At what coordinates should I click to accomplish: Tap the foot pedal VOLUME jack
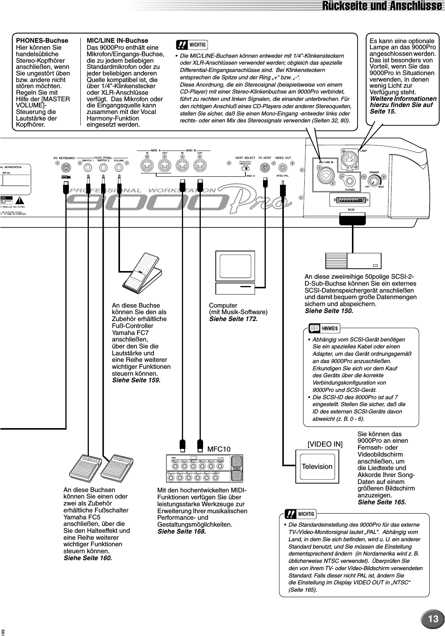coord(118,167)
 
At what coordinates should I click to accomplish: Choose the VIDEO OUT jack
coord(283,167)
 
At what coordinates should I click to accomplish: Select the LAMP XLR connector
coord(350,156)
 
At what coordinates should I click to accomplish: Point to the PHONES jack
coord(350,180)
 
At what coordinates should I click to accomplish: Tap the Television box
coord(317,467)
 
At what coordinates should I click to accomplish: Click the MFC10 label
coord(219,449)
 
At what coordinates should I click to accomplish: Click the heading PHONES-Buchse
coord(42,40)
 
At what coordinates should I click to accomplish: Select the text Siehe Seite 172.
coord(233,319)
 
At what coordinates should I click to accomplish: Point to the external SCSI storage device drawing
coord(353,261)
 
